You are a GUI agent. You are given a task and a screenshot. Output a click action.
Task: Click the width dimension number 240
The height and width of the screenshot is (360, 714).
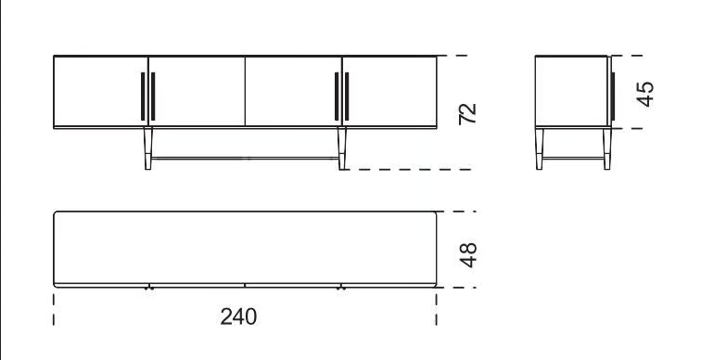(238, 316)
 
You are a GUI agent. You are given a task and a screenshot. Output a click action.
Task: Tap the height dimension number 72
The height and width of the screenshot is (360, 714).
(467, 113)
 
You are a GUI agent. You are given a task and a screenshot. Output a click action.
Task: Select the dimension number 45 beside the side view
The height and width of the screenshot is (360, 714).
(645, 94)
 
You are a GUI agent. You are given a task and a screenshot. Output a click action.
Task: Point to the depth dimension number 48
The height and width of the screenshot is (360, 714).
(468, 255)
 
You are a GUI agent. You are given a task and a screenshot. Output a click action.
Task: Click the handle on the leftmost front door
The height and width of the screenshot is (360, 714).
(143, 96)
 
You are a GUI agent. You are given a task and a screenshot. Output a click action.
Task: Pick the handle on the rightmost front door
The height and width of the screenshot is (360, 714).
(347, 96)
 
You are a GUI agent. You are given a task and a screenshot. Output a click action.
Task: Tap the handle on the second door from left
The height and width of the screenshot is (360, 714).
(153, 96)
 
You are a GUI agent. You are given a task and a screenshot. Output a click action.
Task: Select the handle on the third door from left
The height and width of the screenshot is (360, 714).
(337, 96)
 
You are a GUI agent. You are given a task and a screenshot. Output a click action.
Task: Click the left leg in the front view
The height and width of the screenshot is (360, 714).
(148, 149)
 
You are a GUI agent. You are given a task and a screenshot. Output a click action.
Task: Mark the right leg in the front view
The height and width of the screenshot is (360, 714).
(342, 149)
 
